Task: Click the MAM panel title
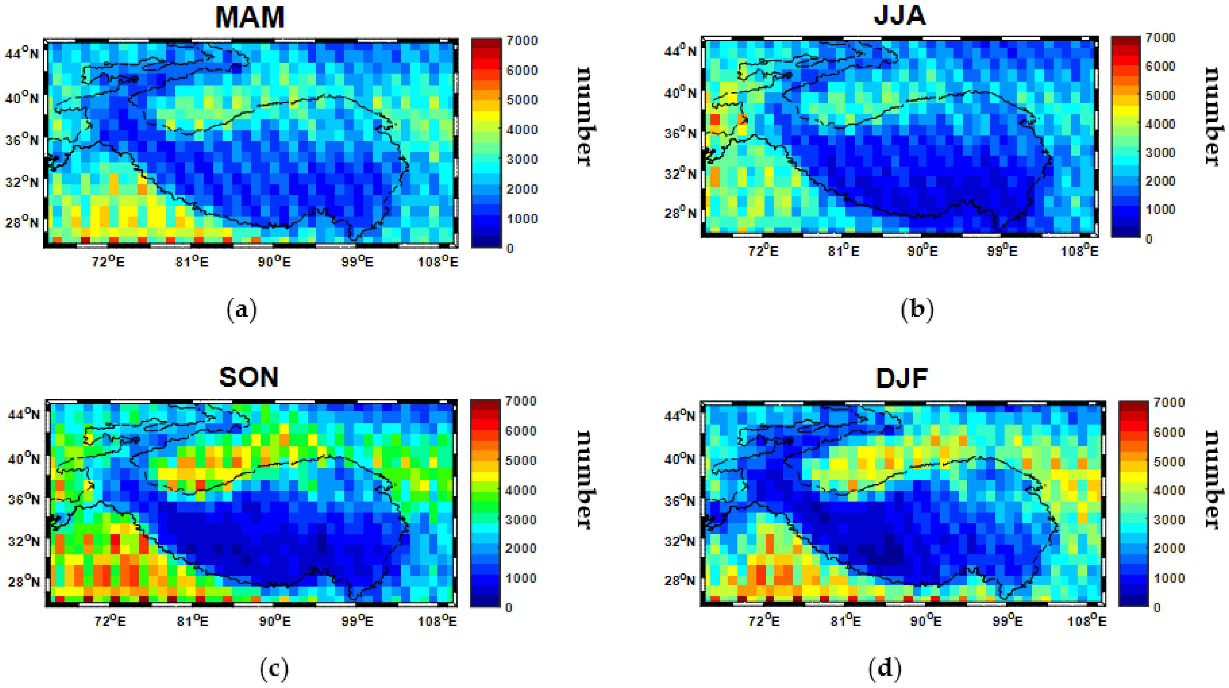249,17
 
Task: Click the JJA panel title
900,15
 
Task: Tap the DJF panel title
902,378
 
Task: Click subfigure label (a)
241,310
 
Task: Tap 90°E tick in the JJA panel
922,251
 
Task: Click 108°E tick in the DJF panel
1087,621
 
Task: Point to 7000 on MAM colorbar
522,41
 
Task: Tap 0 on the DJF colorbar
1157,608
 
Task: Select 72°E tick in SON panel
110,621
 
